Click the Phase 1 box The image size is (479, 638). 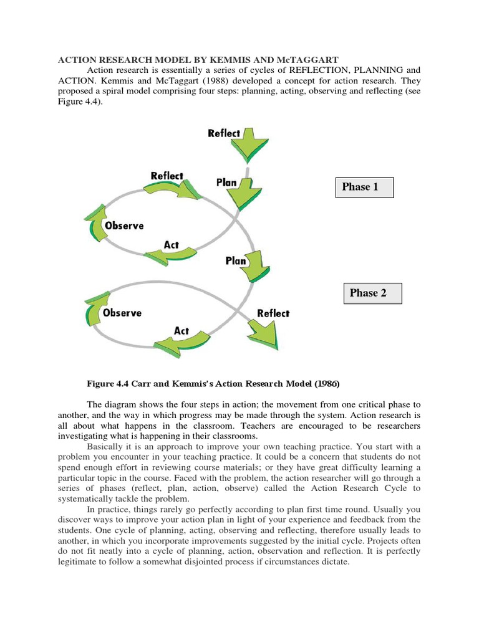tap(364, 187)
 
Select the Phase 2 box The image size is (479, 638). tap(372, 293)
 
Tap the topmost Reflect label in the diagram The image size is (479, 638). tap(224, 133)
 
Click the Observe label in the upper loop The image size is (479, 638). tap(124, 226)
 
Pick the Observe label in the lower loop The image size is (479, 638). tap(122, 313)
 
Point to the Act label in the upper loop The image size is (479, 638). tap(171, 245)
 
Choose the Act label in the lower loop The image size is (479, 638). tap(181, 331)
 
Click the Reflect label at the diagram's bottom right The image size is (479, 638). tap(273, 313)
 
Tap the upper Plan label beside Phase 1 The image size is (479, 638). tap(226, 183)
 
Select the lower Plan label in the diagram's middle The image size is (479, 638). tap(236, 261)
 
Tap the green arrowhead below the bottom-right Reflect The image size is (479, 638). tap(265, 336)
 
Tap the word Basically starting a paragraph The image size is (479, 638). tap(107, 447)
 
